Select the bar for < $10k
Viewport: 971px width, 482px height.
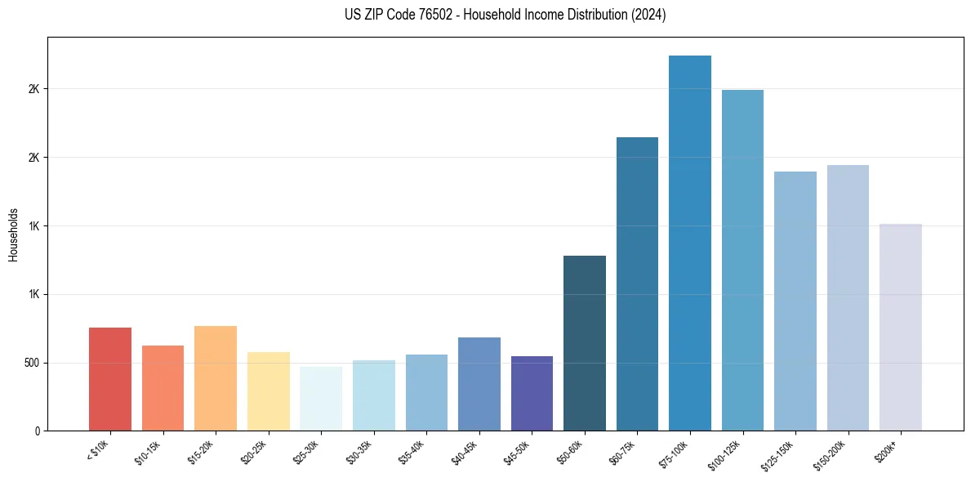click(110, 379)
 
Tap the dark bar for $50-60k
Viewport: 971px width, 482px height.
click(585, 343)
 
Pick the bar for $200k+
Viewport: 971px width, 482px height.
click(901, 327)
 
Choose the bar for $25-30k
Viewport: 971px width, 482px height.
click(321, 399)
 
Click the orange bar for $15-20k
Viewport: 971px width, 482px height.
click(216, 378)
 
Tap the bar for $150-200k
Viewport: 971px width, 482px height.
click(848, 297)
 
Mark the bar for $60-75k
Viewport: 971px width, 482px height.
click(637, 283)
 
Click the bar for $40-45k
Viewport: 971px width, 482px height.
click(479, 384)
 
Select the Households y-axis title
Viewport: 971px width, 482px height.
click(14, 234)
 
